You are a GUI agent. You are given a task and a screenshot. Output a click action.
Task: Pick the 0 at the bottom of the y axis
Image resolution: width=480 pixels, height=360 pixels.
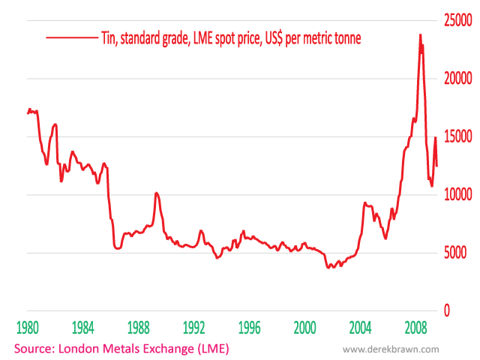pos(447,310)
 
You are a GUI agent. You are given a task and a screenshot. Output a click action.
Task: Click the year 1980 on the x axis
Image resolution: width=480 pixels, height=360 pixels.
pos(27,328)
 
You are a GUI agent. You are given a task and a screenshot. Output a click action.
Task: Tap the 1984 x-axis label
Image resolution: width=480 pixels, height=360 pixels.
pos(82,328)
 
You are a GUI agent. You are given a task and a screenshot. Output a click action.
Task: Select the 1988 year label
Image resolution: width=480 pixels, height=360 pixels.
pos(138,328)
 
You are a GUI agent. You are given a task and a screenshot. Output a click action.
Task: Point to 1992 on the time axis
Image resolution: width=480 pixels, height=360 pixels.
pos(193,328)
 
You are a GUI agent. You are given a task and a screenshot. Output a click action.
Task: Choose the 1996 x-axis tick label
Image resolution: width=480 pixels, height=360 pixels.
pos(249,328)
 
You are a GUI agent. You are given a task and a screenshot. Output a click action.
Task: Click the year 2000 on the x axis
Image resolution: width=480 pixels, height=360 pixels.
pos(304,328)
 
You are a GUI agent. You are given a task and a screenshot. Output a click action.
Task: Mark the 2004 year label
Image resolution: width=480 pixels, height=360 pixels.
pos(360,328)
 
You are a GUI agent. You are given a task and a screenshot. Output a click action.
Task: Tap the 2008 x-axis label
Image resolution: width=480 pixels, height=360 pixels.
pos(415,328)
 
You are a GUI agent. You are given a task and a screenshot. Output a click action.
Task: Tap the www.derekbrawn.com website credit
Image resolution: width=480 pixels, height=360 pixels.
pos(390,349)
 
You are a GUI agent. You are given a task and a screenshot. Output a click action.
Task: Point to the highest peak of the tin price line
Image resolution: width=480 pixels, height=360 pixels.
pos(420,34)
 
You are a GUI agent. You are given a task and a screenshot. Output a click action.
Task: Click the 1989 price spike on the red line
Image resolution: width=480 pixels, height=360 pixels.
pos(156,193)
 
